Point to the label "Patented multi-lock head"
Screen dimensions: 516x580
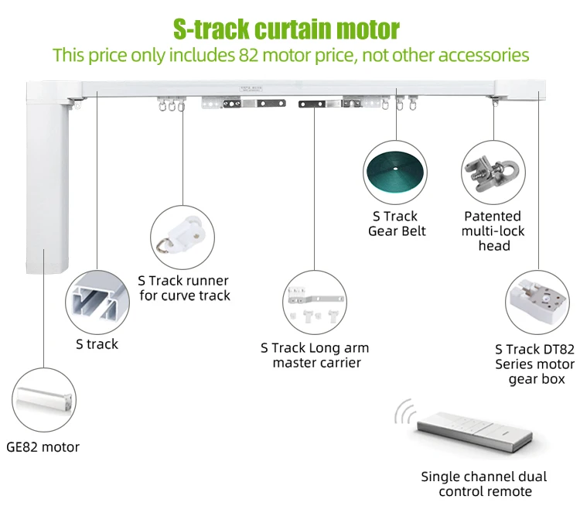pos(493,231)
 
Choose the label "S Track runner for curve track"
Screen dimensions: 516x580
pos(183,288)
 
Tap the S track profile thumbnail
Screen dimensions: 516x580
pos(97,299)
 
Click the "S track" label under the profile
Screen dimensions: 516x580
pos(97,344)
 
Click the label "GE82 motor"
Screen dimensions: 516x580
pos(43,446)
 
